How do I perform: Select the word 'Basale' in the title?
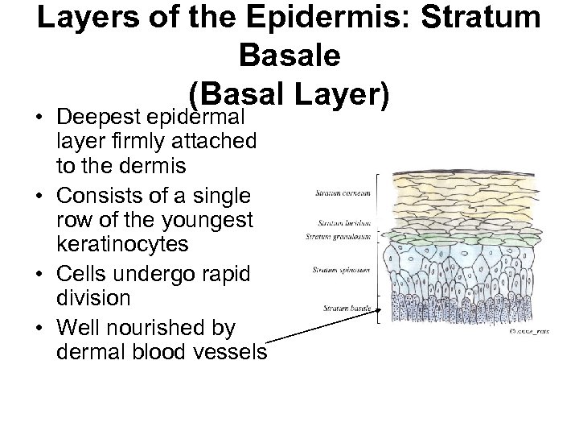pyautogui.click(x=289, y=57)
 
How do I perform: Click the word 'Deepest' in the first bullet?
pyautogui.click(x=91, y=118)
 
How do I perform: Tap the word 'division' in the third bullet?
pyautogui.click(x=92, y=297)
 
